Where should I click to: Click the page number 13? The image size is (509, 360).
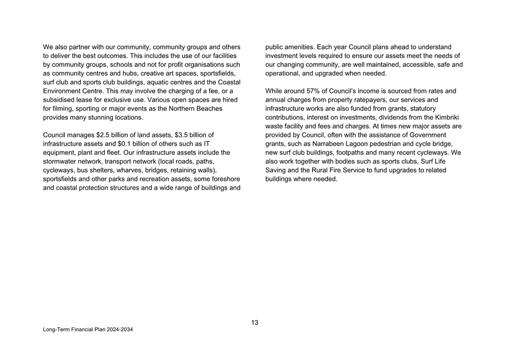[x=255, y=322]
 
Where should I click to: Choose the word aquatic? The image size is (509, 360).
[x=160, y=82]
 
